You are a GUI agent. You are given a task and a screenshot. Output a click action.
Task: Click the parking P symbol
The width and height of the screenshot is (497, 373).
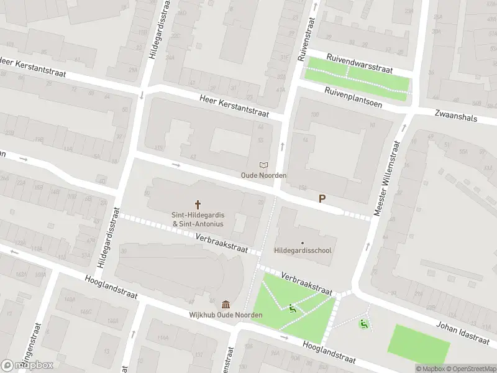[322, 199]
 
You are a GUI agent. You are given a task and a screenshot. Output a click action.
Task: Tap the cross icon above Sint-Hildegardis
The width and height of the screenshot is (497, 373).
[198, 204]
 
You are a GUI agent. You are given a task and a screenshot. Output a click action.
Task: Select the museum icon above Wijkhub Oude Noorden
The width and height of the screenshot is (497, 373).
[226, 305]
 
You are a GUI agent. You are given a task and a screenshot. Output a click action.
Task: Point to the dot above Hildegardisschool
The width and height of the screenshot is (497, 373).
[303, 243]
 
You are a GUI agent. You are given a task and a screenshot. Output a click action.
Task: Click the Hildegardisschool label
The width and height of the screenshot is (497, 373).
[303, 251]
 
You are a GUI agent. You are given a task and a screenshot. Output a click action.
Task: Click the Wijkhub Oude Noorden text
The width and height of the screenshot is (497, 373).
[226, 315]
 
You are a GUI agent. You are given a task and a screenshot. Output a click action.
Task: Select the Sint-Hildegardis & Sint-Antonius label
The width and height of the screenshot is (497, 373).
[198, 219]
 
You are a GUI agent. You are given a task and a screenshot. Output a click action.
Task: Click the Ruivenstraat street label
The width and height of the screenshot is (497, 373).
[303, 37]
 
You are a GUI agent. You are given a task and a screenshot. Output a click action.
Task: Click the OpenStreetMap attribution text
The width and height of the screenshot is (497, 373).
[470, 369]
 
